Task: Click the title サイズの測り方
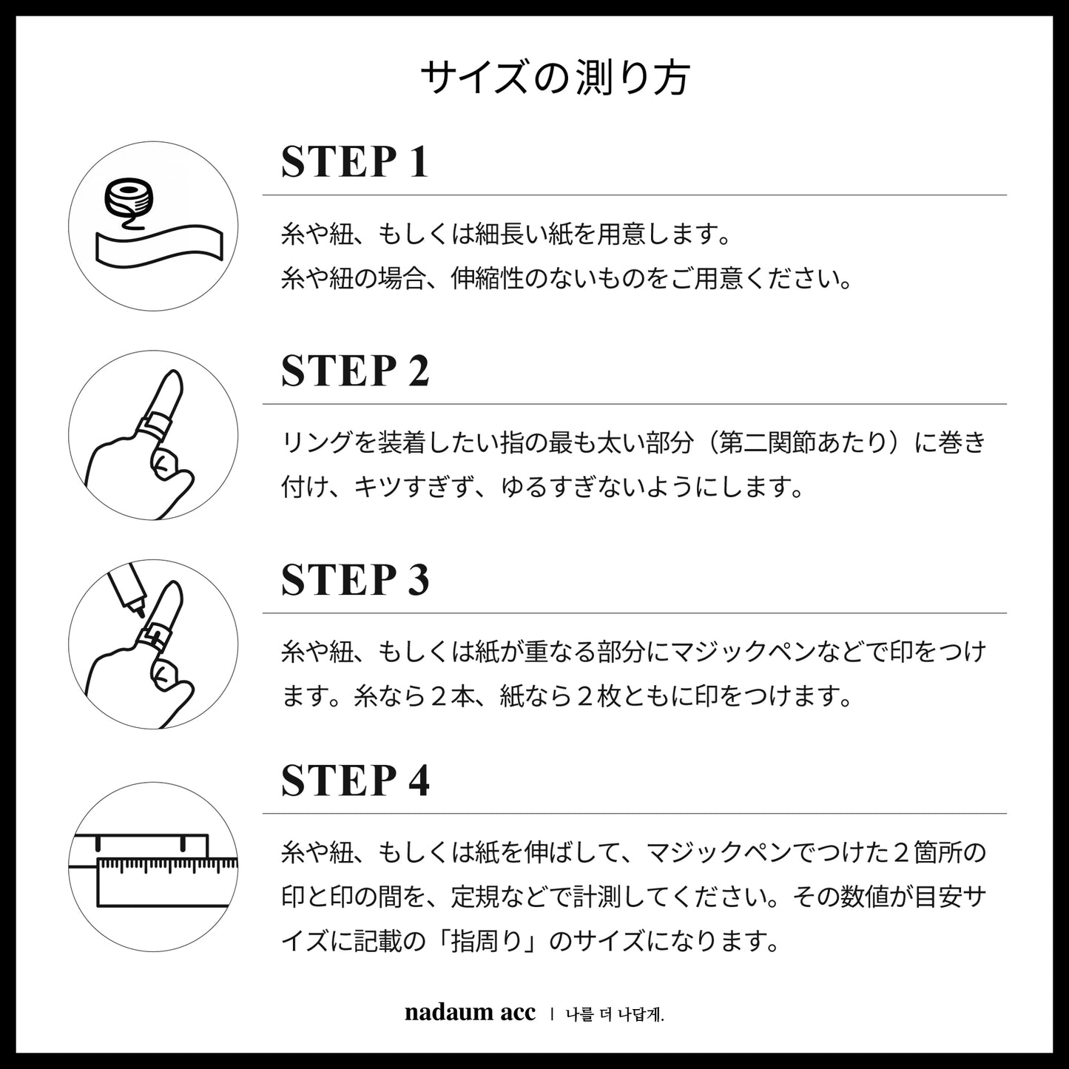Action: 556,78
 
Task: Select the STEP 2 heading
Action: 355,371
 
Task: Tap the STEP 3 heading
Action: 355,580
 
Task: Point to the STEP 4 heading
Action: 355,780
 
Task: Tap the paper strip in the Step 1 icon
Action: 159,245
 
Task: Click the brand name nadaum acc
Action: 470,1013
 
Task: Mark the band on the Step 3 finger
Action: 152,637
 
